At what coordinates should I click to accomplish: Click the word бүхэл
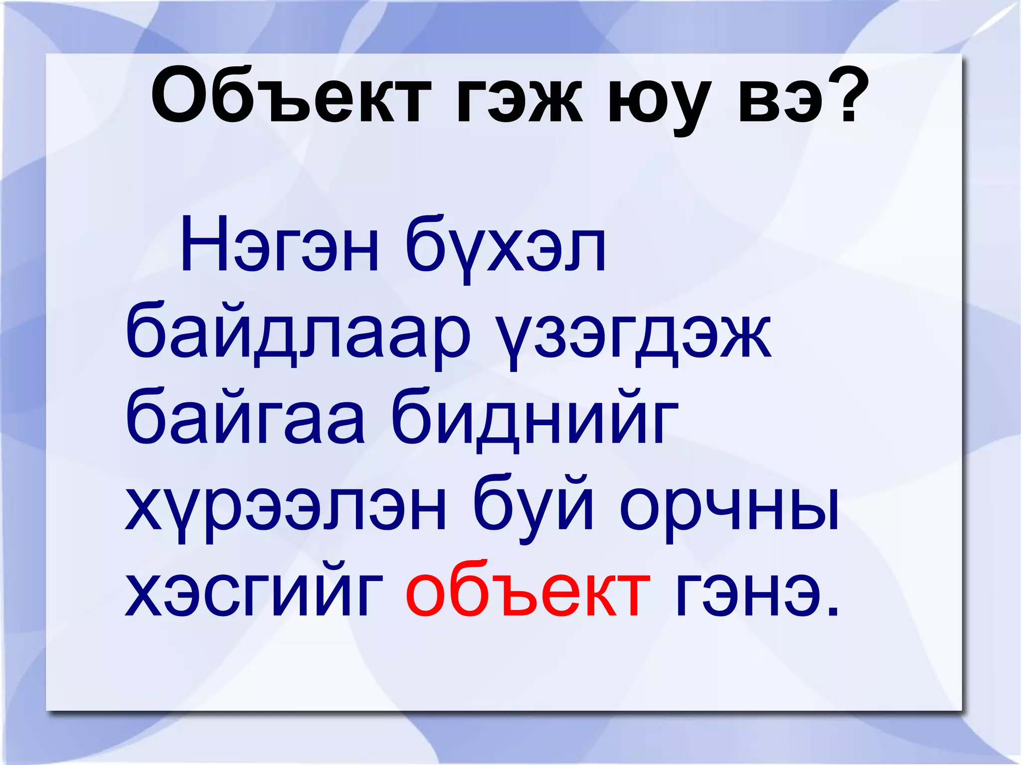pos(506,249)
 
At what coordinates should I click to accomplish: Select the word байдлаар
pos(299,334)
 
